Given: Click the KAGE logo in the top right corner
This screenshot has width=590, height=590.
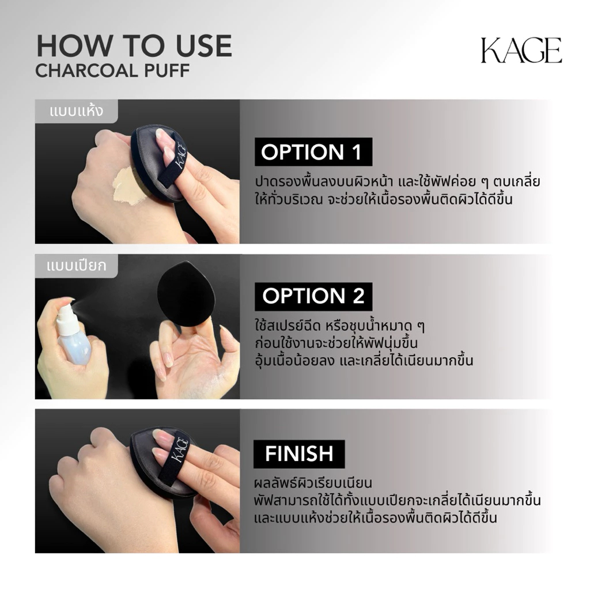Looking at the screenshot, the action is [x=521, y=50].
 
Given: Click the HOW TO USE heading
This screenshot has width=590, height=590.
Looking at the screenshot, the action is [x=134, y=46].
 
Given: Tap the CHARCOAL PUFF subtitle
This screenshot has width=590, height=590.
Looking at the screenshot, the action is [x=112, y=70].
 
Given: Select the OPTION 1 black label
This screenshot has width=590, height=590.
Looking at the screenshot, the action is [x=313, y=152].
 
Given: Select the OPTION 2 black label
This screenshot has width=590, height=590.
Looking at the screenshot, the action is [x=313, y=296].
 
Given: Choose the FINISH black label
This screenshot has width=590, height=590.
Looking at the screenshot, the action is [x=299, y=454].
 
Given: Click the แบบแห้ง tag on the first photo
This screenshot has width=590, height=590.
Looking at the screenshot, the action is [x=77, y=111].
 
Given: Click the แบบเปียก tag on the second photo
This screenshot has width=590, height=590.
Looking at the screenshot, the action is [x=77, y=266].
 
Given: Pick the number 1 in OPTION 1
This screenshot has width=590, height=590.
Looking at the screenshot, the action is [x=356, y=152].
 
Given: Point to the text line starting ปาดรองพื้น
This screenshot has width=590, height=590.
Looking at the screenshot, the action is [x=398, y=182].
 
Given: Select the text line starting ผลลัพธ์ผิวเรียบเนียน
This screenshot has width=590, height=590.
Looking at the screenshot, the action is [x=313, y=483].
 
